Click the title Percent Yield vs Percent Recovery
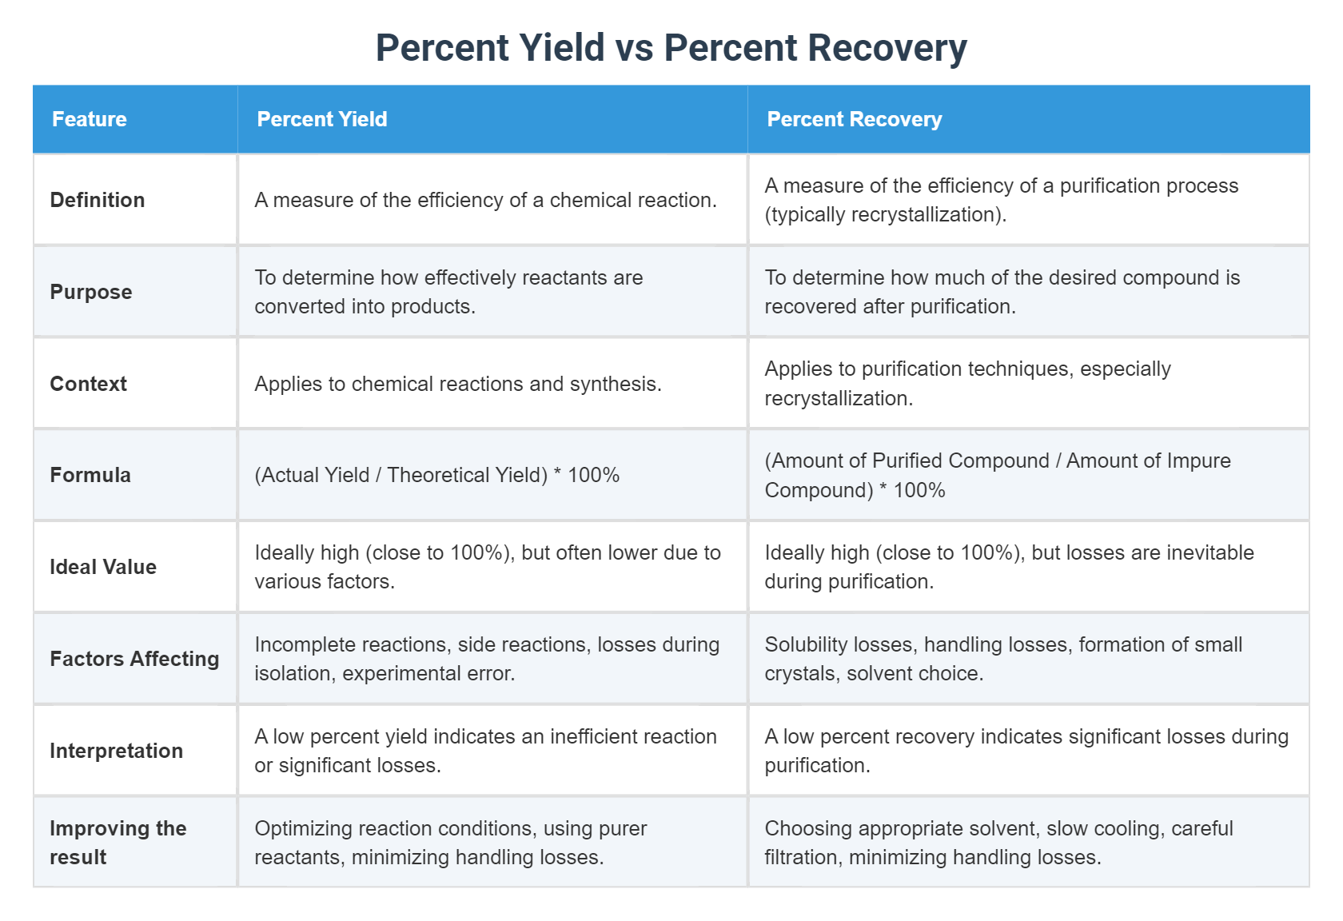(671, 48)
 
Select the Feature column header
(90, 119)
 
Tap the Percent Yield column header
(322, 119)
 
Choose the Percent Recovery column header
(854, 119)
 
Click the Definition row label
(98, 200)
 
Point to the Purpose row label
(91, 292)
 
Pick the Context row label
(89, 384)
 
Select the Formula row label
(90, 475)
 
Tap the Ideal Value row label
(103, 567)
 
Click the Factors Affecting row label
(134, 659)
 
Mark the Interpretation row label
(117, 751)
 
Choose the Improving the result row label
(118, 843)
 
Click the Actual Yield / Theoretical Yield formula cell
(437, 475)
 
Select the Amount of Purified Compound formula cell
(997, 475)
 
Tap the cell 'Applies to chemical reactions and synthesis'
(458, 384)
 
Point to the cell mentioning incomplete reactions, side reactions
(487, 659)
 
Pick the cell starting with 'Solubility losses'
(1002, 659)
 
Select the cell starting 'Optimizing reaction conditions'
(451, 843)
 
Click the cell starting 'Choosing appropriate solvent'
(998, 843)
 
